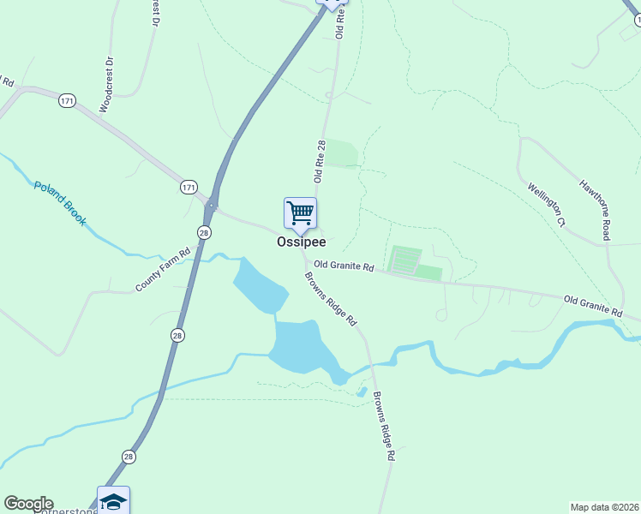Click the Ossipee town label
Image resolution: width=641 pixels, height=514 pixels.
[x=301, y=242]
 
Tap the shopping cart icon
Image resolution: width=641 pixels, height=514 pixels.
[x=300, y=212]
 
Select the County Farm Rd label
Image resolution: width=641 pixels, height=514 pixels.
[x=162, y=271]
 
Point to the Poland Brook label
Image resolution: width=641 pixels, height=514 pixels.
[x=60, y=203]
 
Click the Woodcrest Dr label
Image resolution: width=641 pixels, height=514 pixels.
[x=106, y=85]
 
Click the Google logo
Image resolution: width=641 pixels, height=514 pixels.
[x=28, y=504]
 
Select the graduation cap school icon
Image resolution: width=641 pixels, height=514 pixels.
[x=113, y=500]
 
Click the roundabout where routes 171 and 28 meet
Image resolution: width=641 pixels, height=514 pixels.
[x=211, y=206]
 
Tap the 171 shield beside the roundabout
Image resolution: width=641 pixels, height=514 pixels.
[x=189, y=186]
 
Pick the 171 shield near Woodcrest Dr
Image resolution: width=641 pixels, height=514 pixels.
[x=67, y=101]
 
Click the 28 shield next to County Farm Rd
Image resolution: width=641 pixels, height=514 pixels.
[x=204, y=233]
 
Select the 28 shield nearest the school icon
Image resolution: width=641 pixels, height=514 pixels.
[x=128, y=457]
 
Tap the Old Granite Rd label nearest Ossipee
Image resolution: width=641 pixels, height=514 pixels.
[x=344, y=266]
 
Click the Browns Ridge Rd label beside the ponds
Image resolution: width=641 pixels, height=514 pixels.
[x=331, y=299]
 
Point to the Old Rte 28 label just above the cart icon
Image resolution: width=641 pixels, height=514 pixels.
[x=320, y=162]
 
